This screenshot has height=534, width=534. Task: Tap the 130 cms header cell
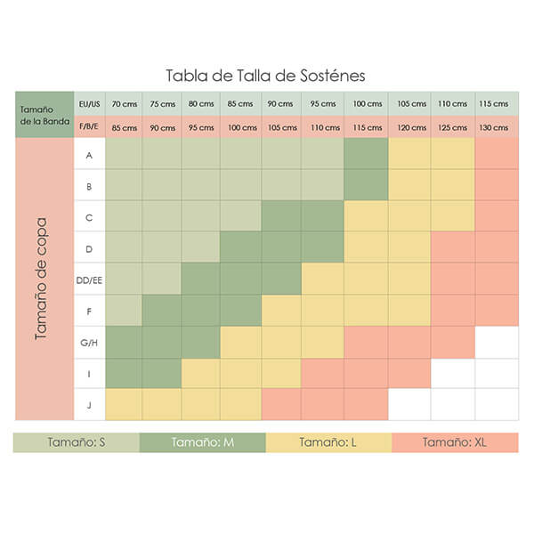[496, 127]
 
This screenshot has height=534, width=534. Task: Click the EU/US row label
[89, 104]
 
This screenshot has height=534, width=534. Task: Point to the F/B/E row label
[89, 127]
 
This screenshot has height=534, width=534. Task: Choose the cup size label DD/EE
[89, 279]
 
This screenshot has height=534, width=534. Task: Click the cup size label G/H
[89, 342]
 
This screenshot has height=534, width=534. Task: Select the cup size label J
[89, 404]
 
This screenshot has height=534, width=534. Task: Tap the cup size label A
[89, 155]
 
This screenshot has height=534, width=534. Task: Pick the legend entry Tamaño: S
[76, 442]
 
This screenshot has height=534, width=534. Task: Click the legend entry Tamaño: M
[202, 442]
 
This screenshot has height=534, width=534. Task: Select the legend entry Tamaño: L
[328, 442]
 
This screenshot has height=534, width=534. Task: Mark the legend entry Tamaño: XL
[455, 442]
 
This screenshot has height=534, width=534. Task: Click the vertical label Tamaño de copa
[42, 278]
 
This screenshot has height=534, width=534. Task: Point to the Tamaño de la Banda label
[42, 115]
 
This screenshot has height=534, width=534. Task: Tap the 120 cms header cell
[411, 127]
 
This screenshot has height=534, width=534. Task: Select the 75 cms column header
[161, 104]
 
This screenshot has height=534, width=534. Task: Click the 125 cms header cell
[453, 127]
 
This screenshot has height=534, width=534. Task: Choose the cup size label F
[89, 311]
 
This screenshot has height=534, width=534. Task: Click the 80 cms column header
[201, 104]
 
